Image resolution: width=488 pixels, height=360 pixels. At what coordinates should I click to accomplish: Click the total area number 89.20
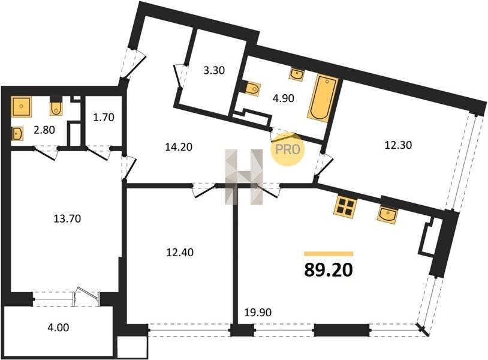tap(329, 269)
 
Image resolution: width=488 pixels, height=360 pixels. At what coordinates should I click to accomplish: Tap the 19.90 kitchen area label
tap(257, 312)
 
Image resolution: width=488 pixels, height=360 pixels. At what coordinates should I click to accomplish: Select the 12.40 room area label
tap(180, 252)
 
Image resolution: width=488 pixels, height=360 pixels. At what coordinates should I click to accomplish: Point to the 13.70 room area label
tap(67, 218)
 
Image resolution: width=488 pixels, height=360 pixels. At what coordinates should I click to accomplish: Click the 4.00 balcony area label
tap(59, 328)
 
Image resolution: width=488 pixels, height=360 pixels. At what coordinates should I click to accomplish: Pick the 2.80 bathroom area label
tap(44, 130)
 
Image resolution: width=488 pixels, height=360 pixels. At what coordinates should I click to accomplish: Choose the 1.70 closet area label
tap(104, 118)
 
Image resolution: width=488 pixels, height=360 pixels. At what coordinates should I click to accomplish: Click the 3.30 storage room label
tap(214, 70)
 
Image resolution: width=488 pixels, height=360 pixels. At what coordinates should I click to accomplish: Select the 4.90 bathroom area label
tap(283, 98)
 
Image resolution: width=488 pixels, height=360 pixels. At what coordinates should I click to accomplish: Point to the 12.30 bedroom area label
tap(398, 145)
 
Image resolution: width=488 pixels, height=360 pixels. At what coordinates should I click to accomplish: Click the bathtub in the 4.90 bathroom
tap(323, 97)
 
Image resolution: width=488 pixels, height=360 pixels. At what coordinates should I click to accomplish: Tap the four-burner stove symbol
tap(345, 207)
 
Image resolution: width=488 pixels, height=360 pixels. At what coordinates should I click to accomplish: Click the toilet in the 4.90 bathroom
tap(250, 88)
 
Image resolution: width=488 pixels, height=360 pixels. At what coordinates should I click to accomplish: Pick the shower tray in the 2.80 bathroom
tap(22, 107)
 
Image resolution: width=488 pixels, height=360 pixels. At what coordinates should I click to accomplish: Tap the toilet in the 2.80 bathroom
tap(56, 106)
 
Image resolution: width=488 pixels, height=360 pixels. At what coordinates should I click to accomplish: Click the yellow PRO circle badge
tap(287, 149)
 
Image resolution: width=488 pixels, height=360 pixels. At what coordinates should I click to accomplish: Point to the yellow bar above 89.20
tap(329, 253)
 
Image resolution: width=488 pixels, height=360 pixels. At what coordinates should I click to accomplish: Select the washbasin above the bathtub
tap(297, 75)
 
